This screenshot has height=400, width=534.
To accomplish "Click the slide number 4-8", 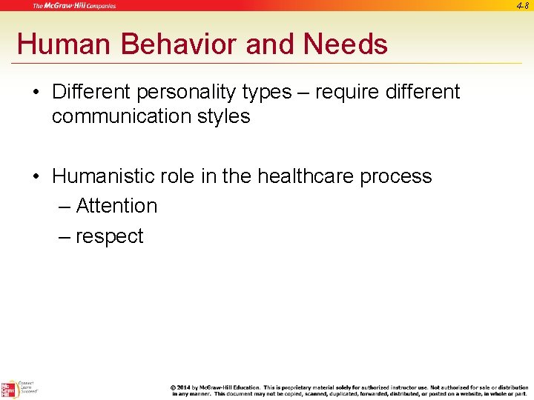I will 521,6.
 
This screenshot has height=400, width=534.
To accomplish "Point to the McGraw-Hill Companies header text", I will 74,6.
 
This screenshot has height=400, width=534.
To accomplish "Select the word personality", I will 187,92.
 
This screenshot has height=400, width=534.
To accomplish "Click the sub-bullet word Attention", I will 116,206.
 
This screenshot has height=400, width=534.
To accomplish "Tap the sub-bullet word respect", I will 109,236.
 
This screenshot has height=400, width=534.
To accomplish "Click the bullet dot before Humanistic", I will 37,177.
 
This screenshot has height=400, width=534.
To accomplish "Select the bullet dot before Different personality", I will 37,93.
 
